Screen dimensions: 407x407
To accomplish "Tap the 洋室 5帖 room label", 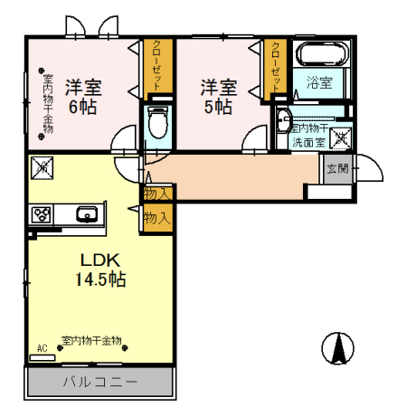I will (x=218, y=97).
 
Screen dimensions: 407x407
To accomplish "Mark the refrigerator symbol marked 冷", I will (x=42, y=168).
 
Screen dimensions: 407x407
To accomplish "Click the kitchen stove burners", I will (x=43, y=214).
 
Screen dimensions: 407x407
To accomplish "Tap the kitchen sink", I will (x=88, y=215).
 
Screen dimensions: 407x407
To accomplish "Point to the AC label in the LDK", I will (x=42, y=347).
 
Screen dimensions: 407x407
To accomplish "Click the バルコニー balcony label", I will (x=99, y=382).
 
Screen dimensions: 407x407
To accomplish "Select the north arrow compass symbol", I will (x=337, y=347).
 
